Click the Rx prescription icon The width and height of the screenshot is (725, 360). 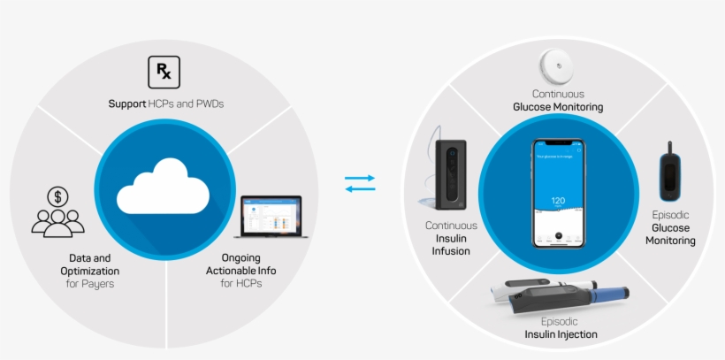tap(164, 71)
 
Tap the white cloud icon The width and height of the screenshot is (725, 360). tap(164, 184)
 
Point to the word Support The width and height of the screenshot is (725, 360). tap(127, 103)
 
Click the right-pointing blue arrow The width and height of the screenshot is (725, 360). tap(360, 178)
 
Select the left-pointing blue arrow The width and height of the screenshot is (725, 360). tap(360, 188)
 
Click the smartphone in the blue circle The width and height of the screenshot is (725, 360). tap(558, 193)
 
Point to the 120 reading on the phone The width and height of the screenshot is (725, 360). tap(558, 201)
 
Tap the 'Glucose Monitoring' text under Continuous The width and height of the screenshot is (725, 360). tap(558, 107)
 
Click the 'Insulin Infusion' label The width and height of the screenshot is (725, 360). tap(451, 245)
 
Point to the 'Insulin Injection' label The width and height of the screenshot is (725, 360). tap(561, 334)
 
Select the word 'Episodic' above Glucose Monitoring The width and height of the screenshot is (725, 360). tap(670, 215)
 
